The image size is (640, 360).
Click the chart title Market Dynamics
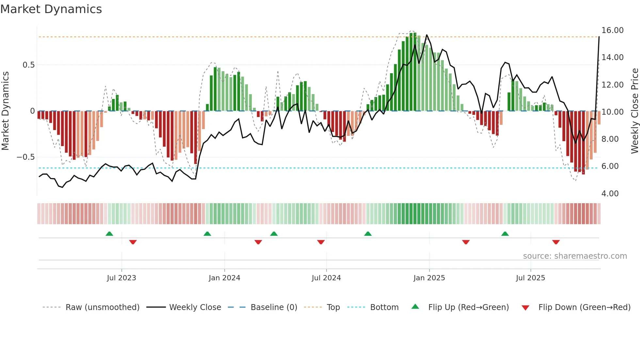[51, 9]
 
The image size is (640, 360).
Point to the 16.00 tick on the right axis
[612, 30]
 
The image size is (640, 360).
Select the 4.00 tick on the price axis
[610, 194]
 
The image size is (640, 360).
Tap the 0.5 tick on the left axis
[28, 65]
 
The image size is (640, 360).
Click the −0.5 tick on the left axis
[25, 157]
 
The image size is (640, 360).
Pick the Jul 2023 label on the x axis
[121, 278]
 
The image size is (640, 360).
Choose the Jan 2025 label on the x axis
[429, 278]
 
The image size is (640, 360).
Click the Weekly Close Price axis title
[634, 111]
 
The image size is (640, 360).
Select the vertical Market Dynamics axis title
[5, 111]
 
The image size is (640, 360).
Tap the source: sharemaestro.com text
[575, 256]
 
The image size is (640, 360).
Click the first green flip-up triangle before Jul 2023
[109, 234]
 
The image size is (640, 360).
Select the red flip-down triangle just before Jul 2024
[321, 242]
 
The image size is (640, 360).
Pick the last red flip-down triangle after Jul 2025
[556, 242]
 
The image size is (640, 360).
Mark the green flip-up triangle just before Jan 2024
[207, 234]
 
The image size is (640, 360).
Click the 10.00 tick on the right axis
[612, 112]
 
